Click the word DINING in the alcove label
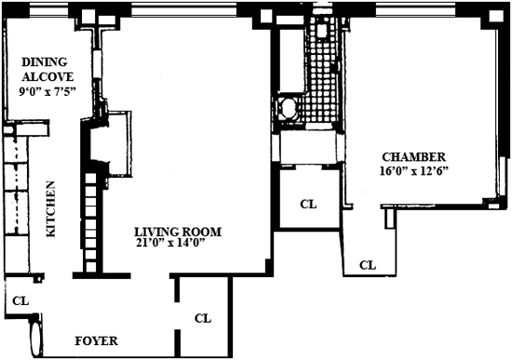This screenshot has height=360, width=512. click(45, 62)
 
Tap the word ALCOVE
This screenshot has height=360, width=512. click(47, 77)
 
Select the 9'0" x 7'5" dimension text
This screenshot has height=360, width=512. click(47, 92)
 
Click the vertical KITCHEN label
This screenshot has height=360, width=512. click(50, 209)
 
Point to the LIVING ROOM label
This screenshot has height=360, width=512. click(178, 232)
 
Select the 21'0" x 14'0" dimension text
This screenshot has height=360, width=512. click(170, 243)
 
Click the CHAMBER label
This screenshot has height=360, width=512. click(413, 157)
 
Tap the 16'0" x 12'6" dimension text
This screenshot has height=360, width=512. click(413, 171)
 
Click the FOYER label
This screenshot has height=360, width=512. click(96, 340)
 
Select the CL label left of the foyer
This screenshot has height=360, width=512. click(20, 300)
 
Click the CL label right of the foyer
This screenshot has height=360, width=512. click(203, 318)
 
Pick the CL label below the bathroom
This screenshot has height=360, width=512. click(308, 205)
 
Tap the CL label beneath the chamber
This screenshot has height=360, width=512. click(368, 265)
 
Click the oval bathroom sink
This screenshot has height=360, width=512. click(287, 108)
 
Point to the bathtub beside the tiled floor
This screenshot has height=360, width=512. click(290, 60)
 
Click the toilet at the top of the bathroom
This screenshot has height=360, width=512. click(322, 29)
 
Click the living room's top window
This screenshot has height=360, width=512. click(183, 11)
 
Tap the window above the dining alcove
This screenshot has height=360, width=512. click(48, 11)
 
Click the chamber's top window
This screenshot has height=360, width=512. click(415, 10)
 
